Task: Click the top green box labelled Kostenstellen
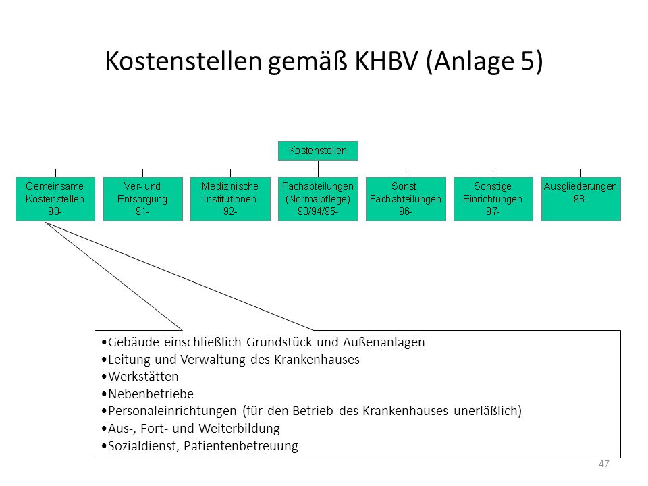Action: [318, 151]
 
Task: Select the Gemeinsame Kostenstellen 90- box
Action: [55, 199]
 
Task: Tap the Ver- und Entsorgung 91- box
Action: [143, 199]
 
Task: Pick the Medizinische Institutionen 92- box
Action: [230, 199]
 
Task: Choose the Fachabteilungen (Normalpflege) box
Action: [318, 199]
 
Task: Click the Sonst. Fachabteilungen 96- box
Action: [406, 199]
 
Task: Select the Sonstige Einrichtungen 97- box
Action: [493, 199]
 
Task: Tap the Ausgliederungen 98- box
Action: [581, 199]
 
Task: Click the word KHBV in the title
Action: [386, 61]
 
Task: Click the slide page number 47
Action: [603, 464]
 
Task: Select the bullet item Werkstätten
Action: [140, 377]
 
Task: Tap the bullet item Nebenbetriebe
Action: [148, 394]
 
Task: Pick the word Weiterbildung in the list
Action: [239, 429]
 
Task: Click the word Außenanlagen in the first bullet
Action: [383, 342]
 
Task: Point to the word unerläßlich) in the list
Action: [487, 411]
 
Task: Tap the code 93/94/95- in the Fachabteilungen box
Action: [318, 211]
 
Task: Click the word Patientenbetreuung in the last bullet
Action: [241, 446]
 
